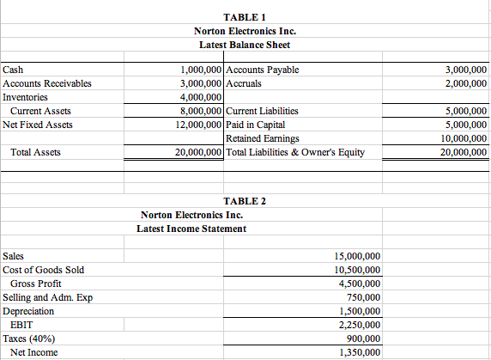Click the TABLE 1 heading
[245, 17]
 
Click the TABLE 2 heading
[245, 201]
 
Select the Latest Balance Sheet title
[245, 44]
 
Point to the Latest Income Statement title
[191, 228]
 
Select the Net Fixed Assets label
[38, 125]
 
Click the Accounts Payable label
[262, 70]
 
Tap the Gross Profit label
[39, 284]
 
